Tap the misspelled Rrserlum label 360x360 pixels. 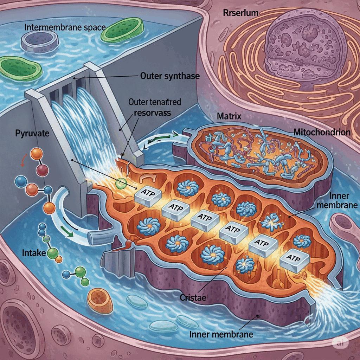click(241, 13)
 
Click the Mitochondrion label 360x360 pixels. click(322, 132)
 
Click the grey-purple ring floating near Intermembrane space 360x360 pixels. click(39, 41)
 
